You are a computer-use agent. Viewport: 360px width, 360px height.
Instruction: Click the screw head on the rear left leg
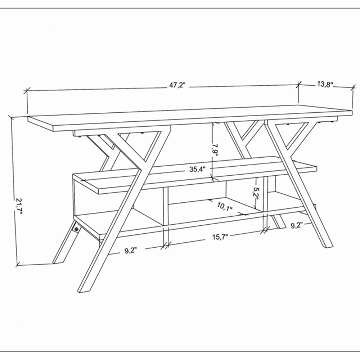point(77,229)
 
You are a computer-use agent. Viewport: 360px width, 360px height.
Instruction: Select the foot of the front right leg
point(328,246)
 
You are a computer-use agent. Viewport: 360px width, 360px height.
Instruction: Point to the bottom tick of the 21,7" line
point(18,265)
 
